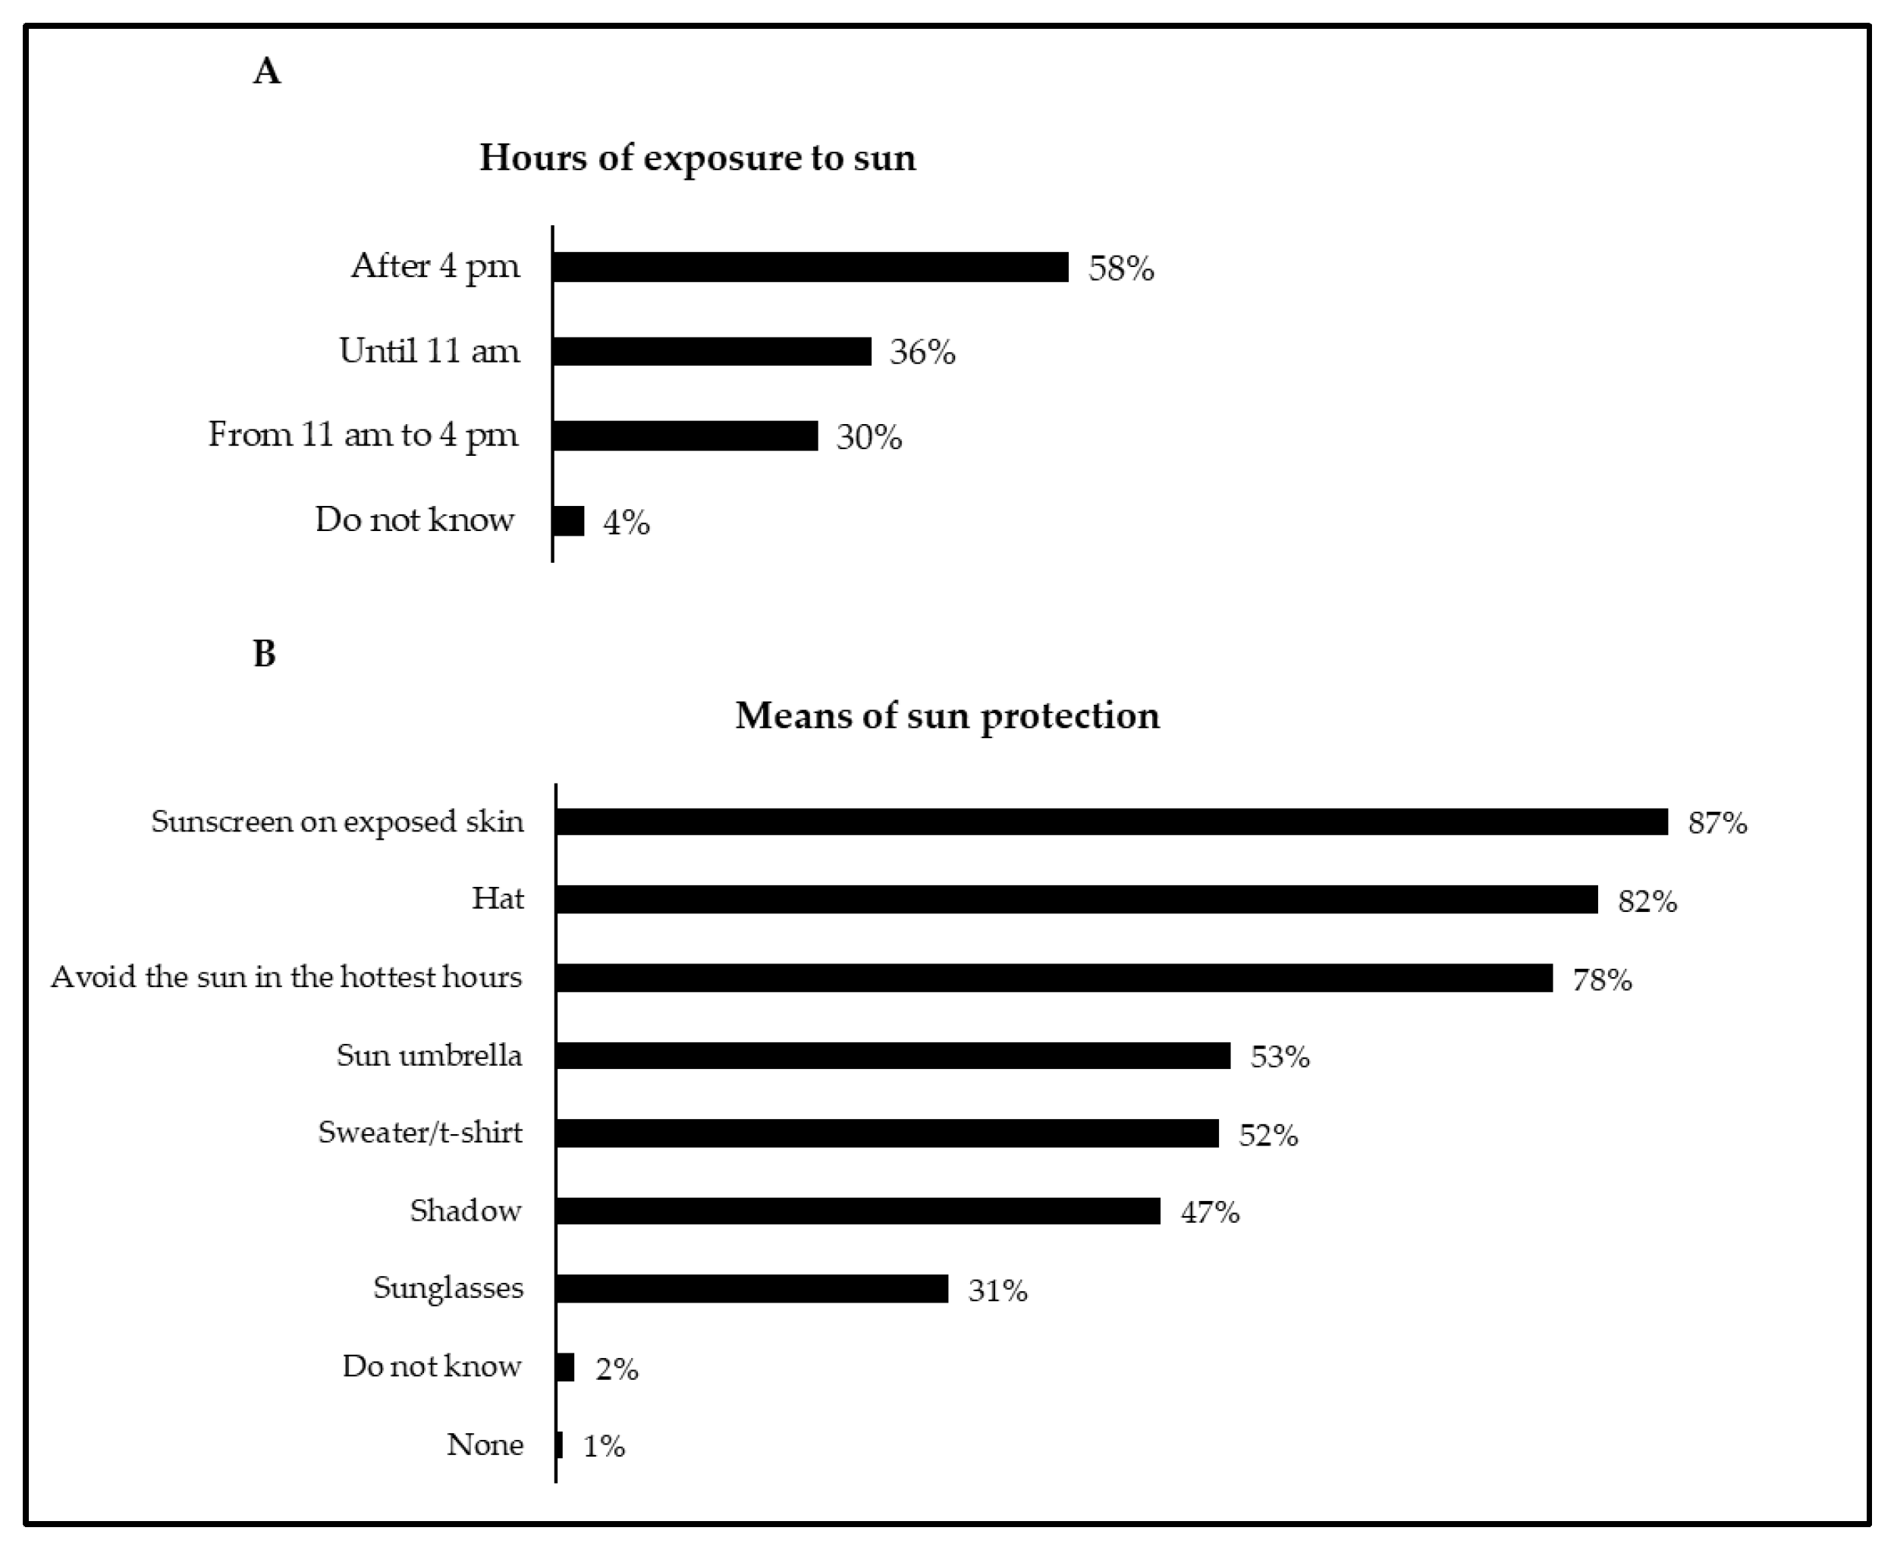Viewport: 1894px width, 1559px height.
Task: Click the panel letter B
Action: (264, 654)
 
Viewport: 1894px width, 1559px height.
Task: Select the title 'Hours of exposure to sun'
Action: (697, 158)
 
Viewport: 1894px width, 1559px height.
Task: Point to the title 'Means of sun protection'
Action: (947, 715)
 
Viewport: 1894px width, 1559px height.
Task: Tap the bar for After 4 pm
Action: (810, 267)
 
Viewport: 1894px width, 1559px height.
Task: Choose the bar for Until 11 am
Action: (711, 351)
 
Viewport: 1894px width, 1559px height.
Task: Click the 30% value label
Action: (868, 437)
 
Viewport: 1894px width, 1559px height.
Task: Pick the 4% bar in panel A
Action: (568, 521)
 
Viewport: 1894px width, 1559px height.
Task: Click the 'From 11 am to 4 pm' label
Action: (363, 435)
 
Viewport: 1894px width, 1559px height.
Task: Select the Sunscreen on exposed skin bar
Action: (1111, 822)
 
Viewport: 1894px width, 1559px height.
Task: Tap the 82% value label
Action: (1646, 901)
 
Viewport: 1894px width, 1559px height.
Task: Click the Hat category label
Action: (498, 899)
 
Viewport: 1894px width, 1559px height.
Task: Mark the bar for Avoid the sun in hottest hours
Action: (1054, 978)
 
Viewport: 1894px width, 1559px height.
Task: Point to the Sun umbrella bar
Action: (893, 1055)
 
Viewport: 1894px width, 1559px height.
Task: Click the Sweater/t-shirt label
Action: (419, 1133)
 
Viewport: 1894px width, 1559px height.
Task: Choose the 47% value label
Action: (1209, 1213)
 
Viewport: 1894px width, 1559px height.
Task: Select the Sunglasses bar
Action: (752, 1289)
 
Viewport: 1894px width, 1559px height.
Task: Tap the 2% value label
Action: (616, 1369)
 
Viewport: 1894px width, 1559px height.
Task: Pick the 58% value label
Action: (1121, 269)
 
